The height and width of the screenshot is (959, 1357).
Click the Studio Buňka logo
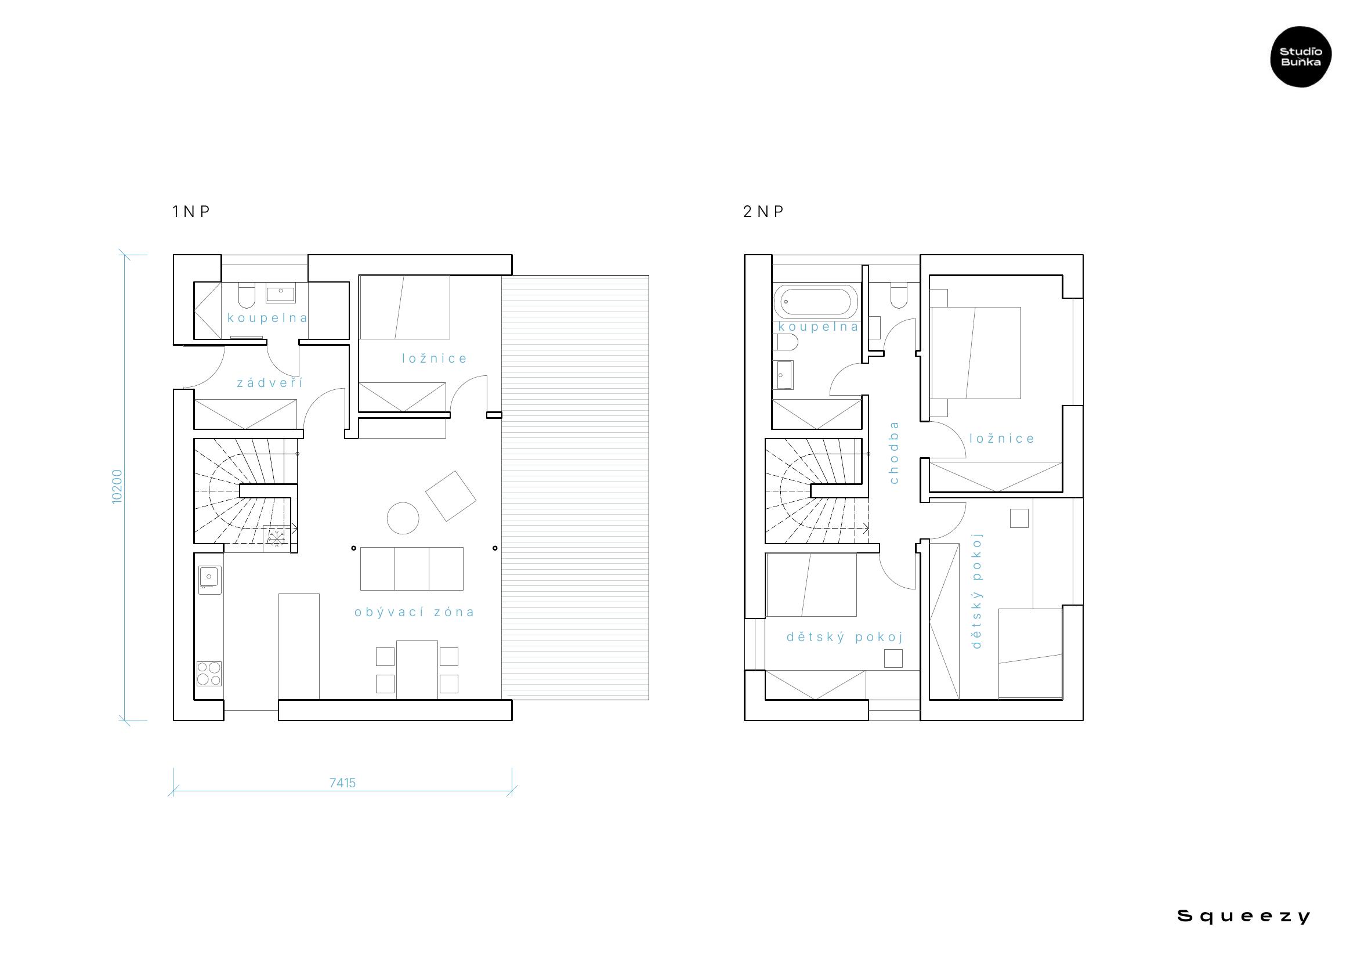click(x=1301, y=57)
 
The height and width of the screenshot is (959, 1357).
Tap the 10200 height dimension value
click(x=117, y=486)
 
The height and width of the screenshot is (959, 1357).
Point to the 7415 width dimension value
click(x=343, y=783)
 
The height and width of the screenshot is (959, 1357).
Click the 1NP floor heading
click(x=191, y=212)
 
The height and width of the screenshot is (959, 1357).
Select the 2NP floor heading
click(x=763, y=212)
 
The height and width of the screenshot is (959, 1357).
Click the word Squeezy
click(x=1244, y=917)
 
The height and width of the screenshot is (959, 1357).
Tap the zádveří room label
click(x=270, y=383)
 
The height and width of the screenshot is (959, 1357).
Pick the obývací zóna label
click(x=414, y=612)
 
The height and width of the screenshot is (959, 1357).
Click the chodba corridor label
click(x=893, y=453)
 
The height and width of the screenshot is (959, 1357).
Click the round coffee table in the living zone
click(x=403, y=518)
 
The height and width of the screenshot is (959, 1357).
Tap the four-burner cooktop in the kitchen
click(x=209, y=674)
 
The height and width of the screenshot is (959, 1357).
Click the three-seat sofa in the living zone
click(x=412, y=569)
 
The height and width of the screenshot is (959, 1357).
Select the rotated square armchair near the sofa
click(x=451, y=496)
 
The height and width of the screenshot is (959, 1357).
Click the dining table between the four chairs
click(x=417, y=670)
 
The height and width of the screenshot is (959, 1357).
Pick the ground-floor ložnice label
click(x=435, y=359)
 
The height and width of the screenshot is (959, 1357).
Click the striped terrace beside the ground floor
click(x=575, y=487)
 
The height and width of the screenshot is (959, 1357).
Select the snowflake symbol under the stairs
click(x=275, y=538)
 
